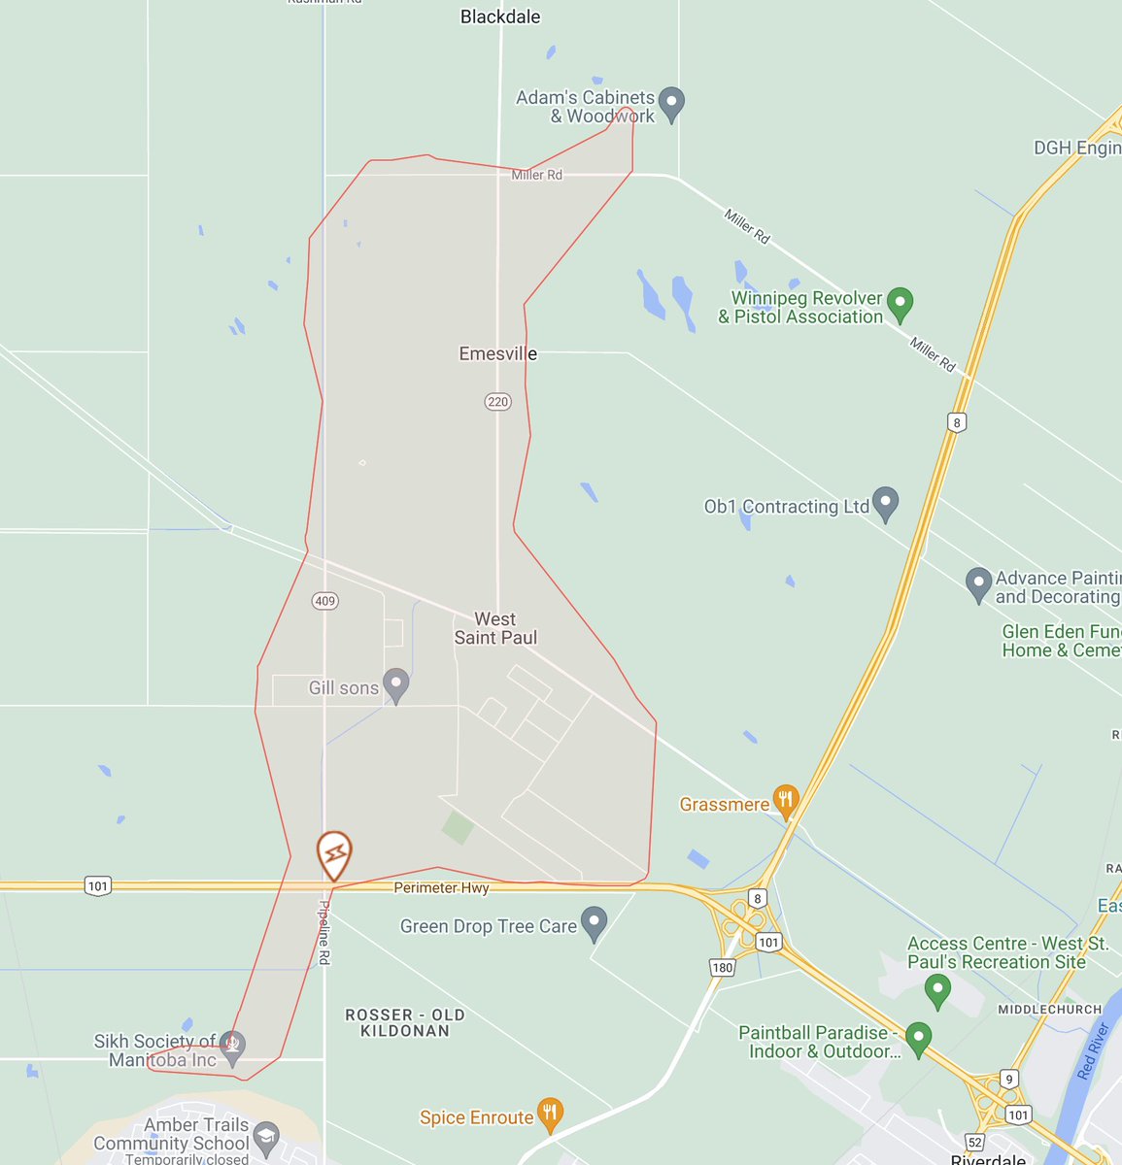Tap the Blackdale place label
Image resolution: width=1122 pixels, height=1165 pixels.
500,17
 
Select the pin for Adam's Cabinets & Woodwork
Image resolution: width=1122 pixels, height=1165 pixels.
671,102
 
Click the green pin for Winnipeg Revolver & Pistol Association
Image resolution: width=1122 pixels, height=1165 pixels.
901,303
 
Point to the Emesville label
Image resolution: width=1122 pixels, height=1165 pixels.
497,354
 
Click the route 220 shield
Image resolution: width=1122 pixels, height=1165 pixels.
497,402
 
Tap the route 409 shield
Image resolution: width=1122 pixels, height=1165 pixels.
324,601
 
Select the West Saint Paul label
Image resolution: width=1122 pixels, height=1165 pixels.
495,628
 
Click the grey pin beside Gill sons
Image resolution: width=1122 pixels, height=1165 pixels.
395,683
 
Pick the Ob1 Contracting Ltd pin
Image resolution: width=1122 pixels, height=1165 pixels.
884,502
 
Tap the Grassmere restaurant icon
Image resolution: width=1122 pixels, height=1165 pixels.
785,801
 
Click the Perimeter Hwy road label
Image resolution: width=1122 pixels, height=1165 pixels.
441,888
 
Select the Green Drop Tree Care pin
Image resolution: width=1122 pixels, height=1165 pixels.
594,922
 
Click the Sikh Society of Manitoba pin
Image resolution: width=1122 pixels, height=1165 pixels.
231,1047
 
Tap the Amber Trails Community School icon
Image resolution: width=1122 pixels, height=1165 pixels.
266,1137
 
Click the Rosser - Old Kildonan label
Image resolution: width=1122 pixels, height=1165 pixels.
405,1022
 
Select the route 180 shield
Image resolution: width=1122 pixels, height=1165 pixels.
722,967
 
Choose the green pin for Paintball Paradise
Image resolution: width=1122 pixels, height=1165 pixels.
918,1036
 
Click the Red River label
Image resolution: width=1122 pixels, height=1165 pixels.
1094,1051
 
